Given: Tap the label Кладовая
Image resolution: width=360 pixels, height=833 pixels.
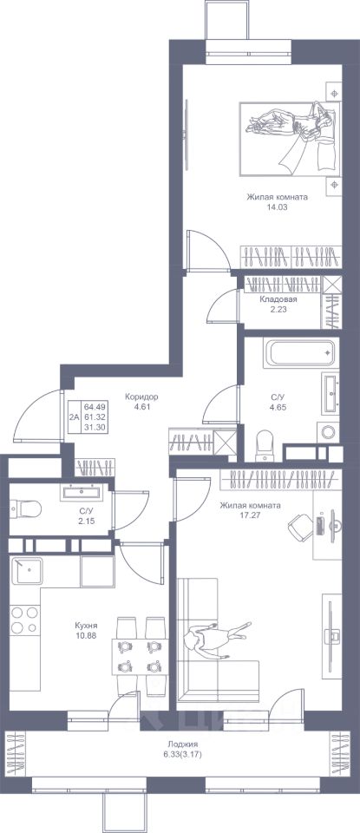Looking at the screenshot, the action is pyautogui.click(x=278, y=299).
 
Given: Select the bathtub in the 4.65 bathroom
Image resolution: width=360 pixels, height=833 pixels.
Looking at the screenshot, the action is pyautogui.click(x=300, y=352).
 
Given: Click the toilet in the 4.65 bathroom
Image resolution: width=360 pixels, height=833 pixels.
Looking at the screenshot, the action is pyautogui.click(x=264, y=446).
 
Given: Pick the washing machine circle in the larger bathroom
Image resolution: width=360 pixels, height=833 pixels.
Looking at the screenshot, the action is pyautogui.click(x=329, y=431).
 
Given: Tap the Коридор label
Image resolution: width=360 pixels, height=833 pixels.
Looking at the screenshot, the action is pyautogui.click(x=141, y=397).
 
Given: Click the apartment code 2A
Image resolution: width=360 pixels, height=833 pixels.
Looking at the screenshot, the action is pyautogui.click(x=74, y=416).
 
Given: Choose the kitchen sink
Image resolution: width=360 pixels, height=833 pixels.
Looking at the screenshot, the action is pyautogui.click(x=27, y=571).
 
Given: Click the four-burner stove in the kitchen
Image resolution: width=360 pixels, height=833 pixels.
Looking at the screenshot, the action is pyautogui.click(x=24, y=620).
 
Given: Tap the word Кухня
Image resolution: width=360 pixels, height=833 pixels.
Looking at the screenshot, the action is pyautogui.click(x=86, y=626).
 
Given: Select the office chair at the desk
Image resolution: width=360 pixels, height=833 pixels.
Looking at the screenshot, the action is pyautogui.click(x=300, y=526).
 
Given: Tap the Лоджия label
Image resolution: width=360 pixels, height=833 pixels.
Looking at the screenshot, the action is pyautogui.click(x=180, y=744).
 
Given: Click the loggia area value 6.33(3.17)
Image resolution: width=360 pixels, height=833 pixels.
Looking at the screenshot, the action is pyautogui.click(x=180, y=753).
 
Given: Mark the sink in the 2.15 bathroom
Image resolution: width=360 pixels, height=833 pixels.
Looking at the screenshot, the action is pyautogui.click(x=79, y=492).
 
